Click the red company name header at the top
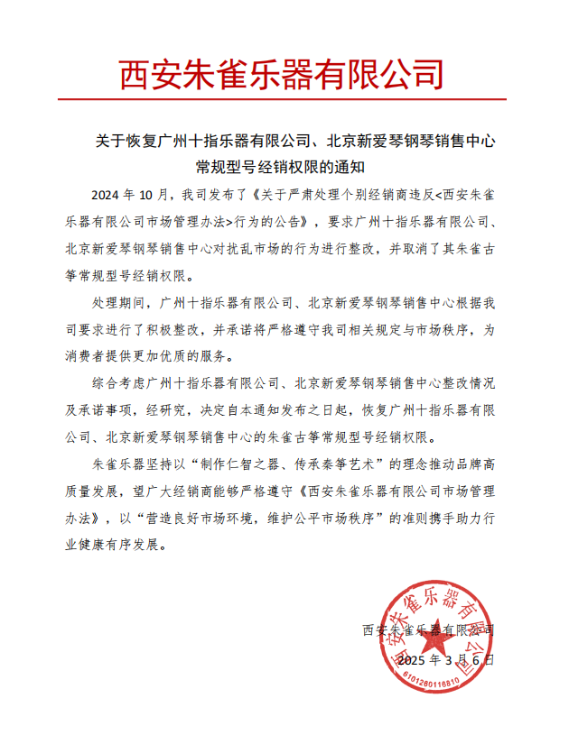[283, 72]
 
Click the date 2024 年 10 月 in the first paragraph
[132, 195]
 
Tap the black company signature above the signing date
[427, 628]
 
